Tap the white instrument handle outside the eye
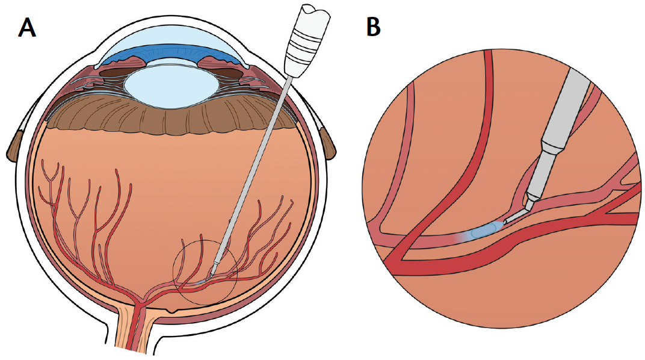(x=304, y=45)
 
